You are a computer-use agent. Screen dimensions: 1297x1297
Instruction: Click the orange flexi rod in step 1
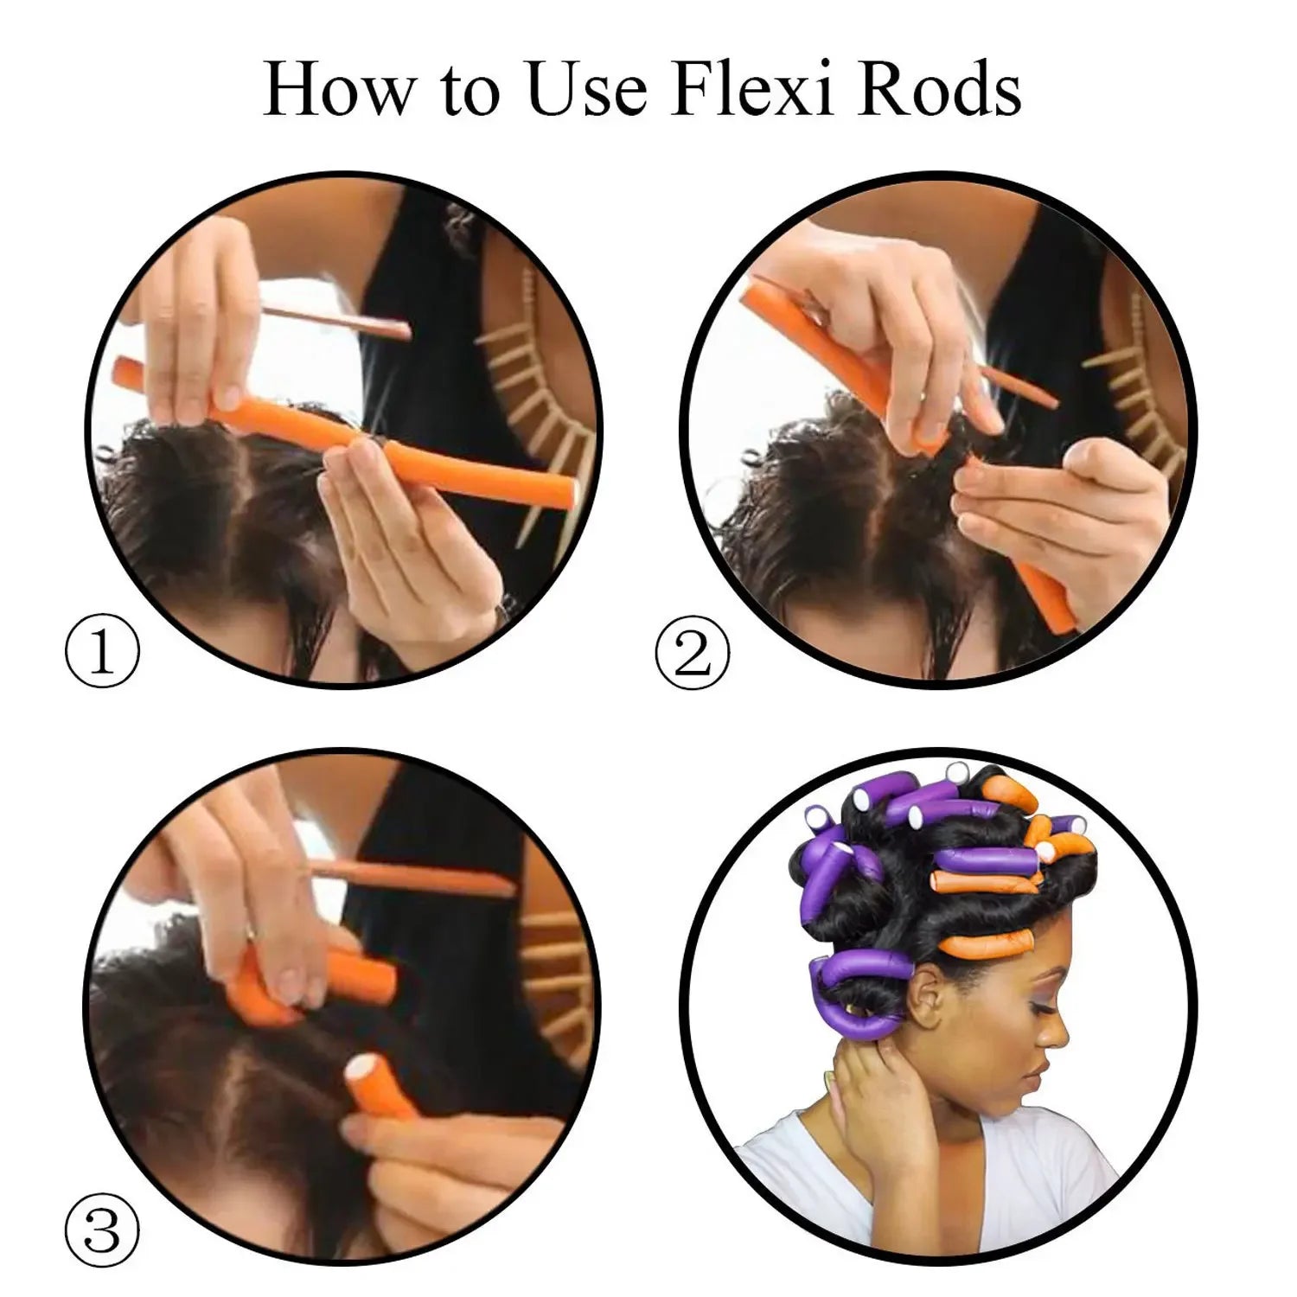346,432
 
